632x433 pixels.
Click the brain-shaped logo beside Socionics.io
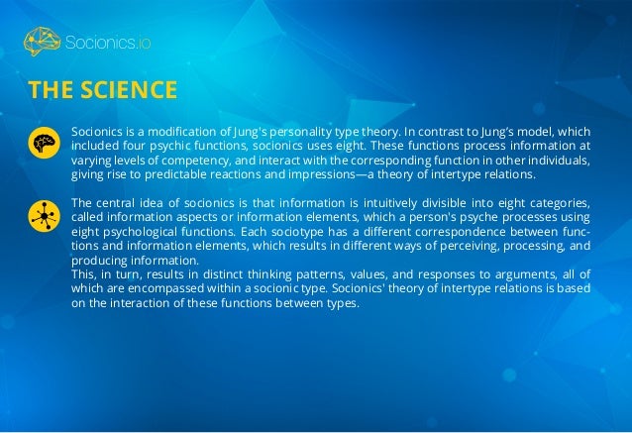(x=43, y=42)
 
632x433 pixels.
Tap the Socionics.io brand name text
(x=106, y=43)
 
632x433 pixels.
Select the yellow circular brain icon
(x=43, y=144)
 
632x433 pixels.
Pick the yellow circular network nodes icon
(x=43, y=214)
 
